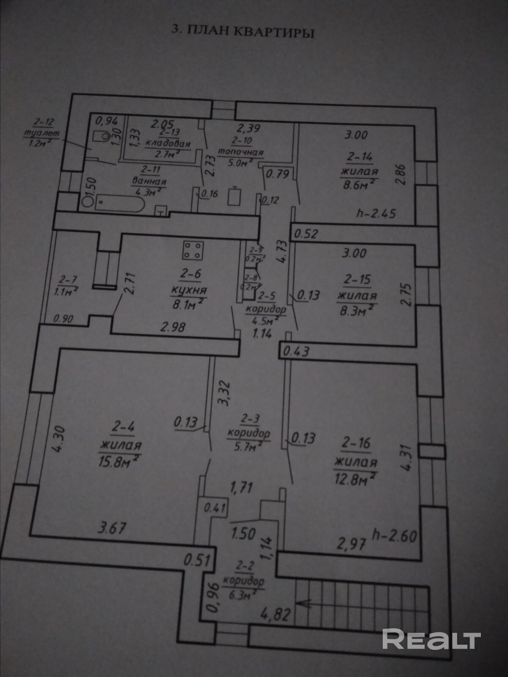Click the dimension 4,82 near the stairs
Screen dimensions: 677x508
tap(275, 614)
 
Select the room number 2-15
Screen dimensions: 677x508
tap(357, 280)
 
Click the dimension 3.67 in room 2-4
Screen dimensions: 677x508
tap(111, 528)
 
